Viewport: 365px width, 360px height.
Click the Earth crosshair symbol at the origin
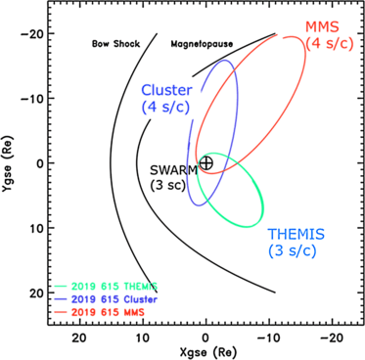[x=205, y=162]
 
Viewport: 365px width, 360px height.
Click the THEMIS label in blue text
[x=297, y=235]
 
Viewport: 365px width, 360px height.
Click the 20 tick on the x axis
[x=79, y=334]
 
